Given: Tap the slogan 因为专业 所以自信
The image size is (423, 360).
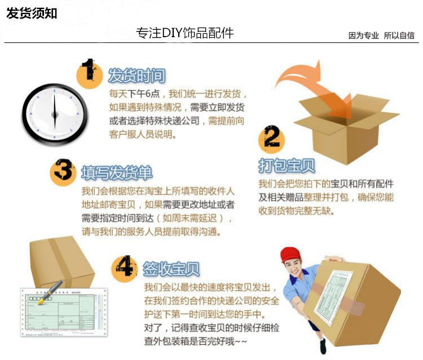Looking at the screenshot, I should (381, 35).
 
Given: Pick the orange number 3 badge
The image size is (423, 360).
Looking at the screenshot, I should (63, 171).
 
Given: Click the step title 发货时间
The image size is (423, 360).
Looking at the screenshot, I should (136, 75).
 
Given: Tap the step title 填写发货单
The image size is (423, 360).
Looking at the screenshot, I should (117, 172).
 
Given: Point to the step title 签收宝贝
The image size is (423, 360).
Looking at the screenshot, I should (171, 269).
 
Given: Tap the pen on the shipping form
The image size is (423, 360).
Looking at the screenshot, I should (50, 290).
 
